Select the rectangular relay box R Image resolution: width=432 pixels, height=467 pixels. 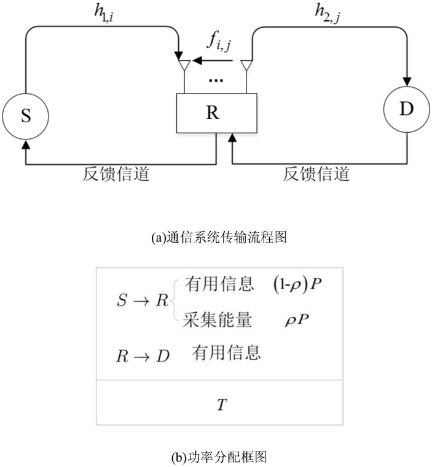point(216,113)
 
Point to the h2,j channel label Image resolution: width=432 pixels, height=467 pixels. point(328,14)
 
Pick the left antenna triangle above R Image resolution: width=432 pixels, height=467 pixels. point(184,65)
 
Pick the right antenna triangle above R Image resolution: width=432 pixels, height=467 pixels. point(246,65)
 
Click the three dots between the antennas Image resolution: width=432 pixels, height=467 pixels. point(216,80)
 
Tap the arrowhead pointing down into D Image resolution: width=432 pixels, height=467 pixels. point(407,82)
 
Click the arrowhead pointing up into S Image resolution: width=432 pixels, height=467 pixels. point(26,144)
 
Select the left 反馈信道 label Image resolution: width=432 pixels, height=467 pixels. point(116,175)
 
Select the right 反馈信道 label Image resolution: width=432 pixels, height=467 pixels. point(316,175)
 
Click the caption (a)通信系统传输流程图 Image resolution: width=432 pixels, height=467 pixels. point(219,237)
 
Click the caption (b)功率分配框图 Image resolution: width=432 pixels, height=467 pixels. point(219,457)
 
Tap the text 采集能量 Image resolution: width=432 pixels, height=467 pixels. point(217,320)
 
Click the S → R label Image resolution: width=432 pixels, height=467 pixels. point(143,300)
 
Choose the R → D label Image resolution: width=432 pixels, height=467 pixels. point(143,356)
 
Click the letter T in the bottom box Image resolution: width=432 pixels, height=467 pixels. point(222,405)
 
